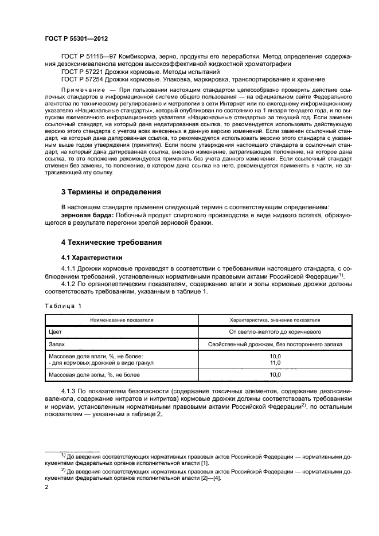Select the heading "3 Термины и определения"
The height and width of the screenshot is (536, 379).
(x=111, y=191)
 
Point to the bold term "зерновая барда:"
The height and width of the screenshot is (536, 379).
(x=85, y=214)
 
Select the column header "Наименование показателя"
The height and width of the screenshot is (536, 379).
(x=121, y=320)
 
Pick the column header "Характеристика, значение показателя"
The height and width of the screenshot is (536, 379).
(x=275, y=320)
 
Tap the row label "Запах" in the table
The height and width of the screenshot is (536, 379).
(x=58, y=344)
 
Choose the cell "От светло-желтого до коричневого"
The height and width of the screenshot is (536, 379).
(x=275, y=331)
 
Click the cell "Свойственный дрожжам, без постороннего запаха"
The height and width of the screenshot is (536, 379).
(x=275, y=344)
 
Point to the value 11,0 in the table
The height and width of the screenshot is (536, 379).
(x=275, y=362)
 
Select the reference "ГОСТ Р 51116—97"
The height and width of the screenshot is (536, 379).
(x=87, y=57)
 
